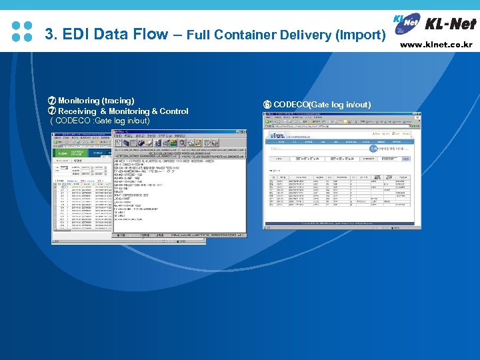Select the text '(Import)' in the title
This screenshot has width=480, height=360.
point(361,34)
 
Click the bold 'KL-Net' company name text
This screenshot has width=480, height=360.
point(450,24)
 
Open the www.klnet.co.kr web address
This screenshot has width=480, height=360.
point(437,45)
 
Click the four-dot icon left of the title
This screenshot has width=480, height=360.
point(23,31)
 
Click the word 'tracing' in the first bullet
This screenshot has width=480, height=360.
point(119,101)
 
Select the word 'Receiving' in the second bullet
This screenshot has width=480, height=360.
point(78,111)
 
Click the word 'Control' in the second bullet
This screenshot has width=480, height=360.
point(173,111)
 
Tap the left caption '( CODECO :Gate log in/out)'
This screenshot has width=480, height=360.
point(101,121)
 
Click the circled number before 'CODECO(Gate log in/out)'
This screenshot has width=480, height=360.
point(267,105)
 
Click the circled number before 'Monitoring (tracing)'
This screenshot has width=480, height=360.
point(52,101)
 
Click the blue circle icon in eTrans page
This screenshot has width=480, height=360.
point(373,149)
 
